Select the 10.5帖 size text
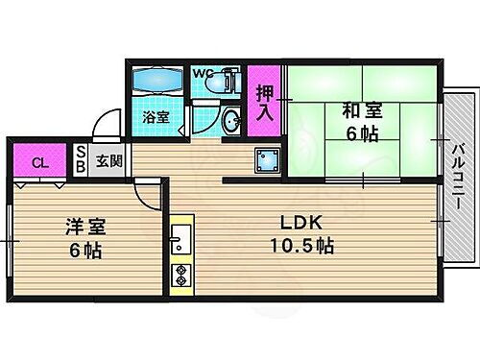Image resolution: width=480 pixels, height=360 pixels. pos(300,246)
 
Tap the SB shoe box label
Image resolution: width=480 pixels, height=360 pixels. pos(81,161)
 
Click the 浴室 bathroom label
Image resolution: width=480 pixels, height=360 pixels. pos(156,118)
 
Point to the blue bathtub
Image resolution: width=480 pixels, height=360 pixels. pos(158,81)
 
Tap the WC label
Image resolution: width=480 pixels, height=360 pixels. pos(203,73)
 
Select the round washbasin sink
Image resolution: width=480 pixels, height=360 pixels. pos(231,120)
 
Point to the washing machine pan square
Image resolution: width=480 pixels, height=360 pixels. pos(267,159)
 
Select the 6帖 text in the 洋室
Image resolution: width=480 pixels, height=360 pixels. pos(85,251)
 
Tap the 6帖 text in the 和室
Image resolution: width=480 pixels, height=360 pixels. pos(362,133)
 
